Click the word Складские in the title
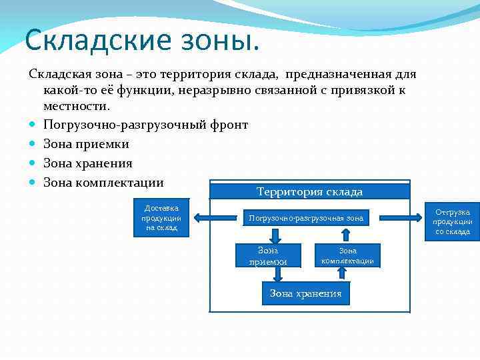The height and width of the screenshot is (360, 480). [91, 41]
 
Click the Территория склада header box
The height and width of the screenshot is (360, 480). [309, 191]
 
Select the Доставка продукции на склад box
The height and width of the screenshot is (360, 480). [161, 217]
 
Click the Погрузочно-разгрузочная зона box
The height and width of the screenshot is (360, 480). [306, 218]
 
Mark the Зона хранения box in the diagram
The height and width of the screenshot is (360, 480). [305, 293]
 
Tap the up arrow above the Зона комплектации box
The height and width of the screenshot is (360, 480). [346, 235]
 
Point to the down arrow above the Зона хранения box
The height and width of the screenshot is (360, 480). [306, 274]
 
